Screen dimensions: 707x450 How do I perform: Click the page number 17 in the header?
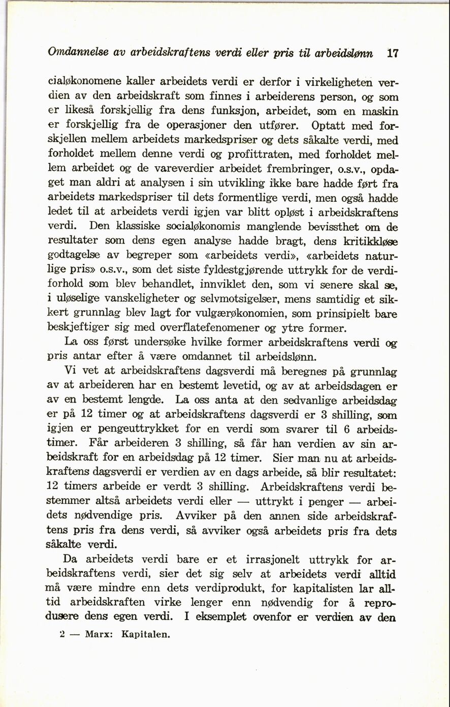(392, 53)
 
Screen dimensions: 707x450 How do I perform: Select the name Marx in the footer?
(97, 635)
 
